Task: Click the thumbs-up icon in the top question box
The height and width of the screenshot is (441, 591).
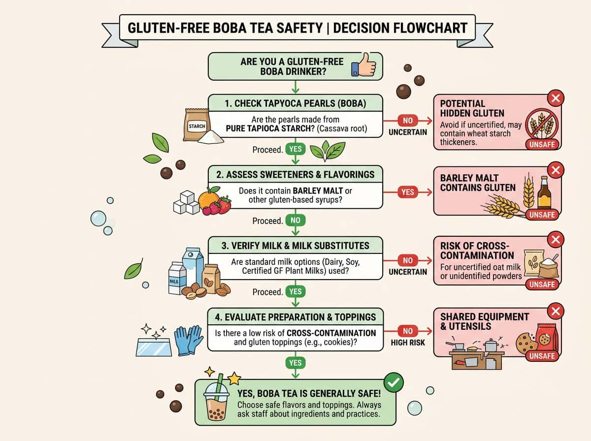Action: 364,67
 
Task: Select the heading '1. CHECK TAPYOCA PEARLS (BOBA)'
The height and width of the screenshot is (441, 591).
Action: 295,103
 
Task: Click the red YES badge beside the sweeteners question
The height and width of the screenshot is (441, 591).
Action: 408,191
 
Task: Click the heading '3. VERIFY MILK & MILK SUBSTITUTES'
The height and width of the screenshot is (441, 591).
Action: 295,245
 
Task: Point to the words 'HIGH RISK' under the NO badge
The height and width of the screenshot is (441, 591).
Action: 408,343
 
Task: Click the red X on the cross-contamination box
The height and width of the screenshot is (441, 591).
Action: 556,240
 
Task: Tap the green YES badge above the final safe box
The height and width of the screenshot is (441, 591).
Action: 295,363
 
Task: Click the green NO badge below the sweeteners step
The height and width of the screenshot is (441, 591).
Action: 295,220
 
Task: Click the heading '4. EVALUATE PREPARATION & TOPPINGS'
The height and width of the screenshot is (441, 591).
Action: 295,316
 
